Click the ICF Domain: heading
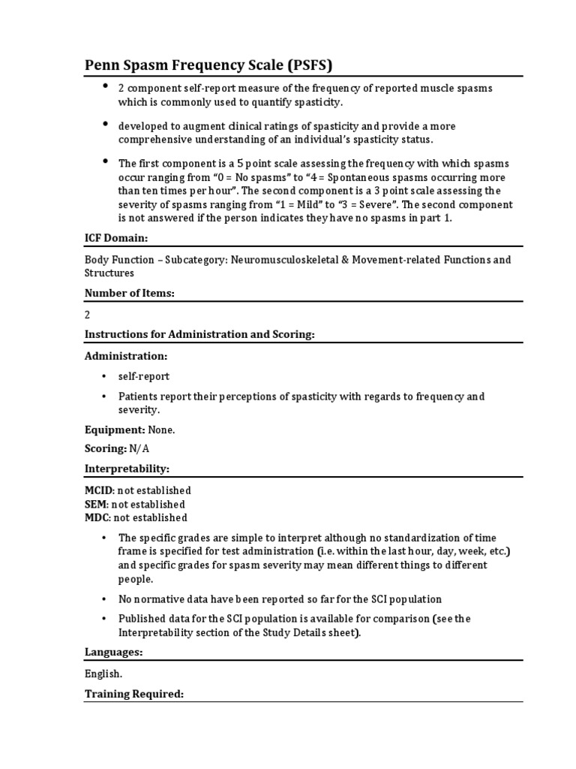pos(115,238)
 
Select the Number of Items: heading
pos(129,293)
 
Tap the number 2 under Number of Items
pos(87,315)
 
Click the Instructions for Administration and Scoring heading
pos(199,334)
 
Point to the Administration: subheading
pos(126,355)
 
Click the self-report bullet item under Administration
pos(144,376)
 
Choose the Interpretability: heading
pos(127,468)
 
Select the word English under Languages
pos(103,674)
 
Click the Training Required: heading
pos(133,694)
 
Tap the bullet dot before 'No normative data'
pos(103,599)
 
